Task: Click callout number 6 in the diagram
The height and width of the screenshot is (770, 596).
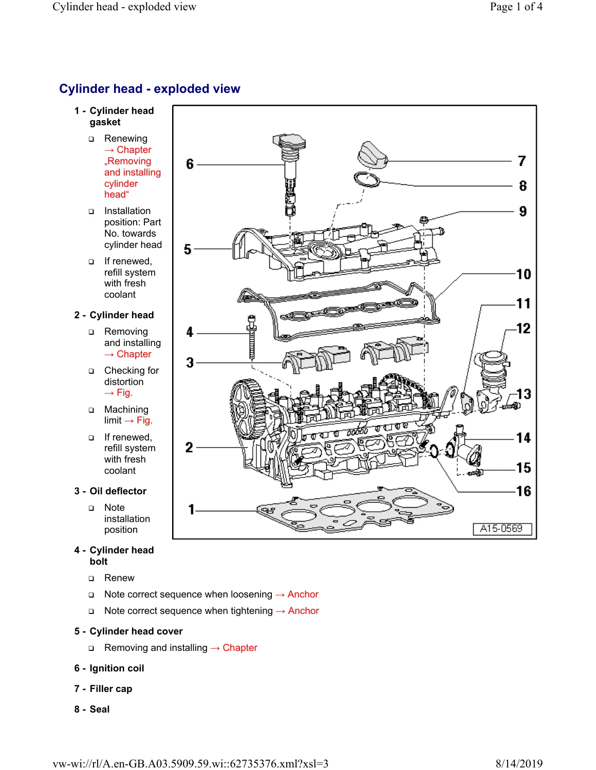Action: click(x=190, y=164)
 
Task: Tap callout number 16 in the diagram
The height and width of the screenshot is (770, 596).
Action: click(x=524, y=491)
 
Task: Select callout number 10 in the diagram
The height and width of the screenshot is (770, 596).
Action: click(x=524, y=274)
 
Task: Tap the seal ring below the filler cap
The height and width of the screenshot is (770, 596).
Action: click(x=367, y=180)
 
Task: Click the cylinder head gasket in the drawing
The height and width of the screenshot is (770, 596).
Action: click(x=355, y=510)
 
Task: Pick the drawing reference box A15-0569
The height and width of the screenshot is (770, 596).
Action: click(x=501, y=529)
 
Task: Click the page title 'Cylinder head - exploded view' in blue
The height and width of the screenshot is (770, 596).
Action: click(x=150, y=89)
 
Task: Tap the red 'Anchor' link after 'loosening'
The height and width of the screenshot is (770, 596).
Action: click(x=303, y=594)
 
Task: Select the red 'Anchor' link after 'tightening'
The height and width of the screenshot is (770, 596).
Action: click(x=304, y=610)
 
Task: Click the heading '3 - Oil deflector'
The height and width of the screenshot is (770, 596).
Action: click(x=110, y=491)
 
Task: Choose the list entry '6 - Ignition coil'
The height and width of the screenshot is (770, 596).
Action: click(x=109, y=668)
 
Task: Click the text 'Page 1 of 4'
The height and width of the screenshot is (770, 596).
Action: click(x=516, y=7)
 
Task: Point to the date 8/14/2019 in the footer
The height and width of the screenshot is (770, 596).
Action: click(x=519, y=763)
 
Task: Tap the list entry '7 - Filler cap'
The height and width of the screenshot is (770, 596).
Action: click(x=103, y=688)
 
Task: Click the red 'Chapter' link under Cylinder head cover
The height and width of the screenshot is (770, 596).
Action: click(x=239, y=647)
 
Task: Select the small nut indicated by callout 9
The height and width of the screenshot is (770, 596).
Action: click(x=424, y=220)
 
